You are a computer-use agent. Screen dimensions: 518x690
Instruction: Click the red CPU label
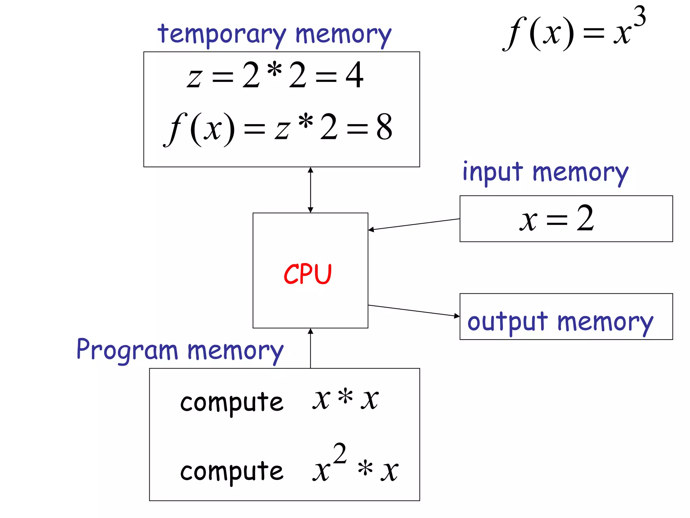pyautogui.click(x=308, y=274)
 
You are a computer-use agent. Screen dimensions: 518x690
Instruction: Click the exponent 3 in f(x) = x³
pyautogui.click(x=639, y=16)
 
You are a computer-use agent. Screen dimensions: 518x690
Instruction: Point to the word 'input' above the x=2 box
pyautogui.click(x=493, y=172)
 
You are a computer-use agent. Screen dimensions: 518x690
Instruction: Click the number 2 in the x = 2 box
pyautogui.click(x=585, y=219)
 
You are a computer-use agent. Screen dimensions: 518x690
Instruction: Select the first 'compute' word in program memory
pyautogui.click(x=232, y=402)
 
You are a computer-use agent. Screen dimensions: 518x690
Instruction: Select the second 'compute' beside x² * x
pyautogui.click(x=232, y=471)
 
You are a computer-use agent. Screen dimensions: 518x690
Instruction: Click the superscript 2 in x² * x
pyautogui.click(x=340, y=454)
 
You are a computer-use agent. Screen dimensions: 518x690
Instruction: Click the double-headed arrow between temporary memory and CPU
pyautogui.click(x=310, y=190)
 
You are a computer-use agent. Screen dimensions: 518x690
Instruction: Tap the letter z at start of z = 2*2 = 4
pyautogui.click(x=194, y=78)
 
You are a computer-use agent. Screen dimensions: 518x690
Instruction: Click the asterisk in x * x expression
pyautogui.click(x=345, y=397)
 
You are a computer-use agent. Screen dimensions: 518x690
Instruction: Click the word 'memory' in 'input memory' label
pyautogui.click(x=580, y=173)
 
